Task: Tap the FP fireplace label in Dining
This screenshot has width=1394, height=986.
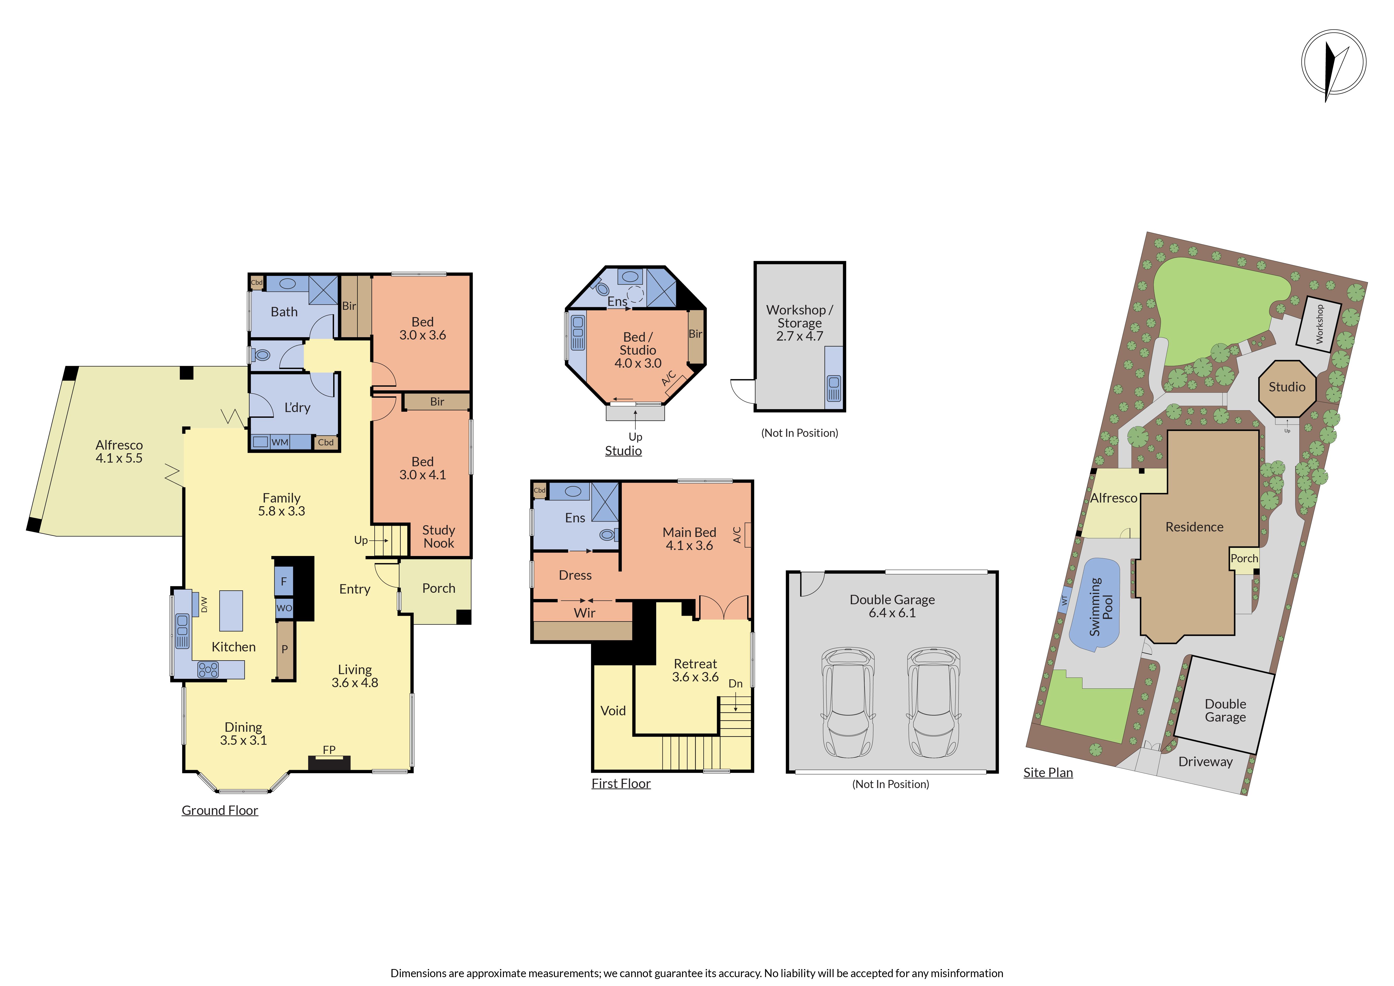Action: tap(329, 750)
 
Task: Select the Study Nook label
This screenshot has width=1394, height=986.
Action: tap(438, 537)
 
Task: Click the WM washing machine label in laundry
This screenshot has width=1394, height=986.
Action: tap(280, 442)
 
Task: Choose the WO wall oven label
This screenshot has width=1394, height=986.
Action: tap(284, 608)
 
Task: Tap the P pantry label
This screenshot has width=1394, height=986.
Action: tap(285, 649)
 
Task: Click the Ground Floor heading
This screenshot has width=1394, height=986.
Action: tap(220, 810)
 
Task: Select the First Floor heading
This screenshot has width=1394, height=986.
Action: tap(621, 784)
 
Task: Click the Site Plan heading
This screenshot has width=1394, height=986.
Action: tap(1048, 773)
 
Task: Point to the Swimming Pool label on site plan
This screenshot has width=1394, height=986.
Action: tap(1101, 607)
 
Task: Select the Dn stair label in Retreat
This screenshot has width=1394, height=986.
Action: tap(735, 684)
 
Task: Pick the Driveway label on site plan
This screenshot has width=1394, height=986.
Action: tap(1205, 762)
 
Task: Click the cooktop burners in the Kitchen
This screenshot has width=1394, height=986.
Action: tap(208, 670)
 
